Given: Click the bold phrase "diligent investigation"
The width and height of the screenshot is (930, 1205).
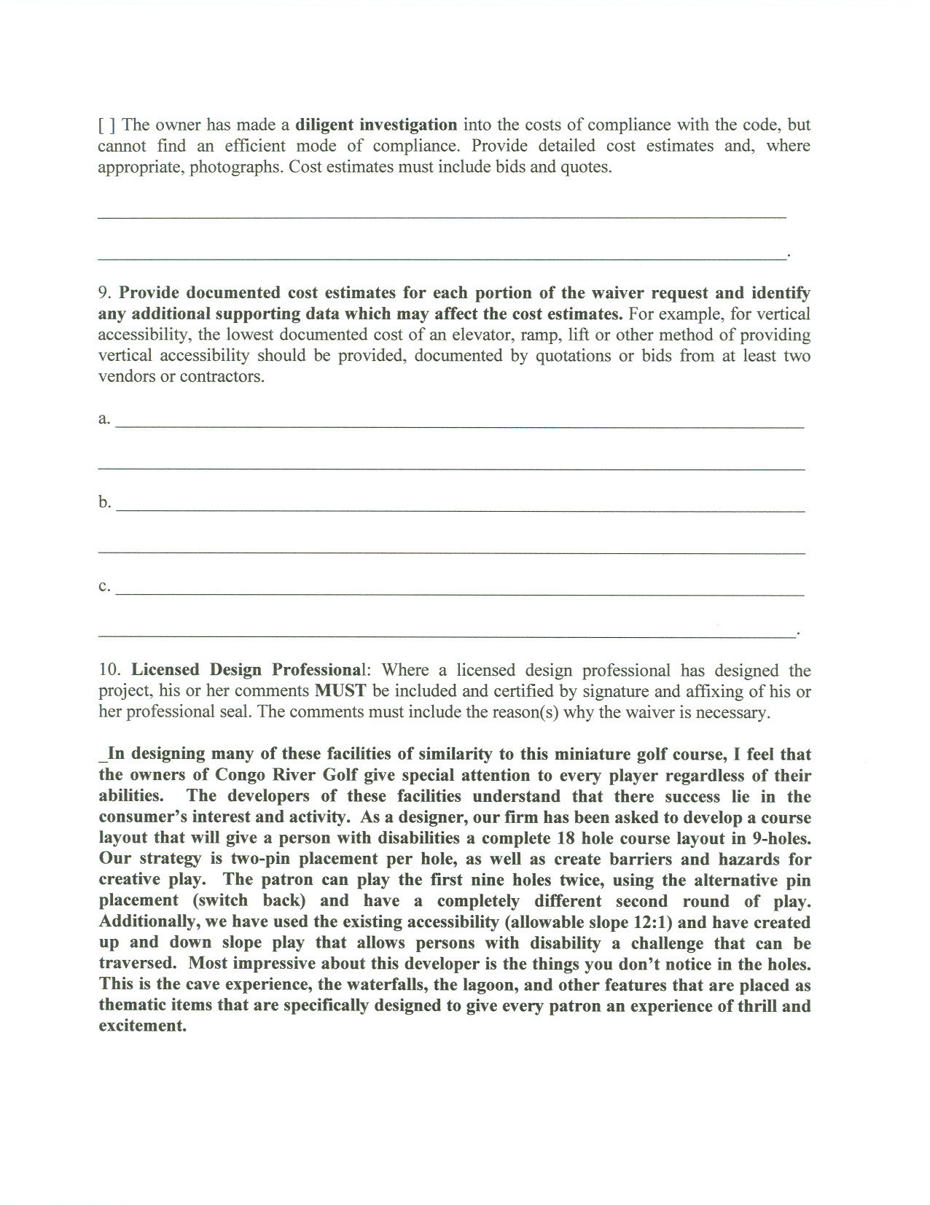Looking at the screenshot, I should [377, 125].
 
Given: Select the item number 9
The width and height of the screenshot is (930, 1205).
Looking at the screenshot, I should [104, 293].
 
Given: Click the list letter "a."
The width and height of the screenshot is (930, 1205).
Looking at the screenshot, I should [104, 418].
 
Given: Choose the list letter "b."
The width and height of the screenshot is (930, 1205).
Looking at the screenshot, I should [105, 502].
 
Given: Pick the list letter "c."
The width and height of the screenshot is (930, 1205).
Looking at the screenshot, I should [104, 586].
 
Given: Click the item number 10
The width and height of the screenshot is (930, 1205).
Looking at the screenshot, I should [112, 671].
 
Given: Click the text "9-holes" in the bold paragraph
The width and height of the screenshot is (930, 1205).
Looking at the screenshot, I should [779, 838].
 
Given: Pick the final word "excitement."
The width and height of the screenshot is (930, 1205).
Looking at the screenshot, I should [143, 1027].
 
